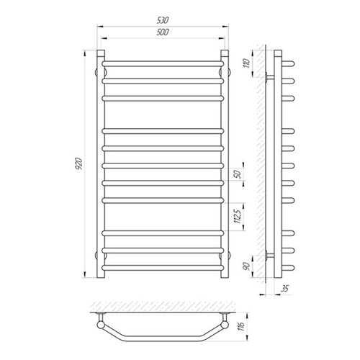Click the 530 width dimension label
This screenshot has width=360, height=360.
163,20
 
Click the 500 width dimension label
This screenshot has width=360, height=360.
163,32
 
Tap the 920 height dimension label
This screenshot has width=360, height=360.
78,164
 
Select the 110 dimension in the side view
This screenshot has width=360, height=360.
247,63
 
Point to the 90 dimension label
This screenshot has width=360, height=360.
247,266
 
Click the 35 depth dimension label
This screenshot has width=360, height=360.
285,288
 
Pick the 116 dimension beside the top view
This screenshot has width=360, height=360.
241,325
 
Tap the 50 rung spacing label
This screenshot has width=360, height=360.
238,174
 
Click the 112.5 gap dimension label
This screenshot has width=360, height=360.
238,216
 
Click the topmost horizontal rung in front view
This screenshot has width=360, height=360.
163,64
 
